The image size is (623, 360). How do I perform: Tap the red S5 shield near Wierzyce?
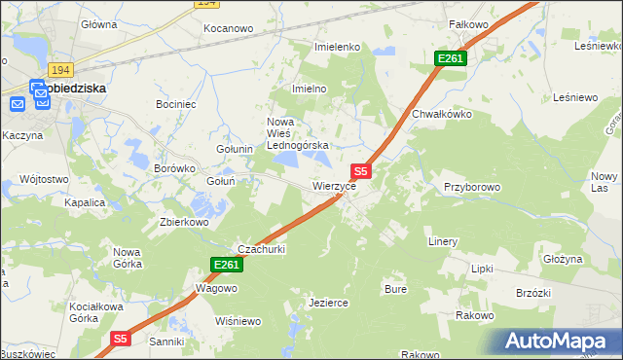click(359, 170)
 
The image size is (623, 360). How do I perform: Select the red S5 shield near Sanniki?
click(120, 339)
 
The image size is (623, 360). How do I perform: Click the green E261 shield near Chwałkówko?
click(451, 59)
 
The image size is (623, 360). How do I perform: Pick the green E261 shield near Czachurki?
click(225, 265)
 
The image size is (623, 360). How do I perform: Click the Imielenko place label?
click(338, 47)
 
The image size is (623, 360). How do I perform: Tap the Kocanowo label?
click(228, 29)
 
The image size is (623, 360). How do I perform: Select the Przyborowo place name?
click(472, 186)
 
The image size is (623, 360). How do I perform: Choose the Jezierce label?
click(328, 303)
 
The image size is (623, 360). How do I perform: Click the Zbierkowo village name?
click(185, 221)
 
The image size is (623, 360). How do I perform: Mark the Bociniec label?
click(176, 103)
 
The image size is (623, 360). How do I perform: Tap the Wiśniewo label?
click(238, 321)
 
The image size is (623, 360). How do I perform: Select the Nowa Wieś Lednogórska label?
click(299, 133)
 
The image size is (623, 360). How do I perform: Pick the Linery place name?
click(443, 240)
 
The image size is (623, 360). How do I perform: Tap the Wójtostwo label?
click(44, 179)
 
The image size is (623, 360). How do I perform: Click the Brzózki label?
click(533, 294)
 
